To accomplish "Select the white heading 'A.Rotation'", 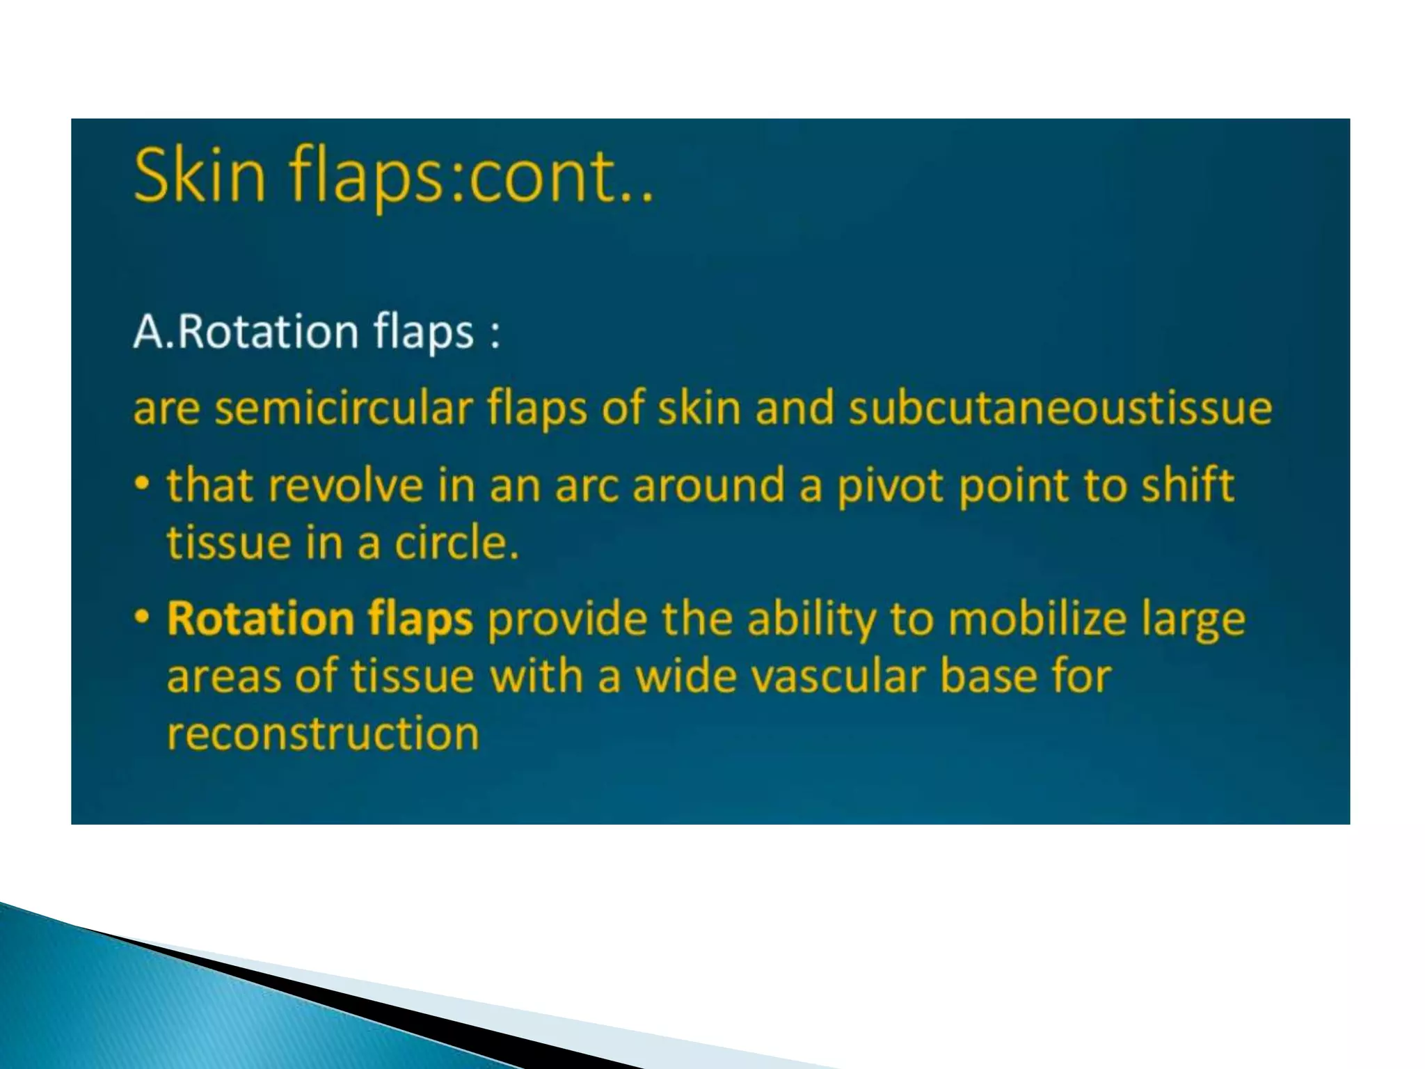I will pyautogui.click(x=244, y=331).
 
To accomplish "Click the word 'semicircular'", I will pyautogui.click(x=343, y=408).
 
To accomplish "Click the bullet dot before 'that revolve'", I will pyautogui.click(x=142, y=482).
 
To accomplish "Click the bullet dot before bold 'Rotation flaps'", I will pyautogui.click(x=142, y=616).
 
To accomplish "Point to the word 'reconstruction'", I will pyautogui.click(x=323, y=734).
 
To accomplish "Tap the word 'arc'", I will pyautogui.click(x=586, y=485).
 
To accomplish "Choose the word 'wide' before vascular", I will pyautogui.click(x=685, y=676).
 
